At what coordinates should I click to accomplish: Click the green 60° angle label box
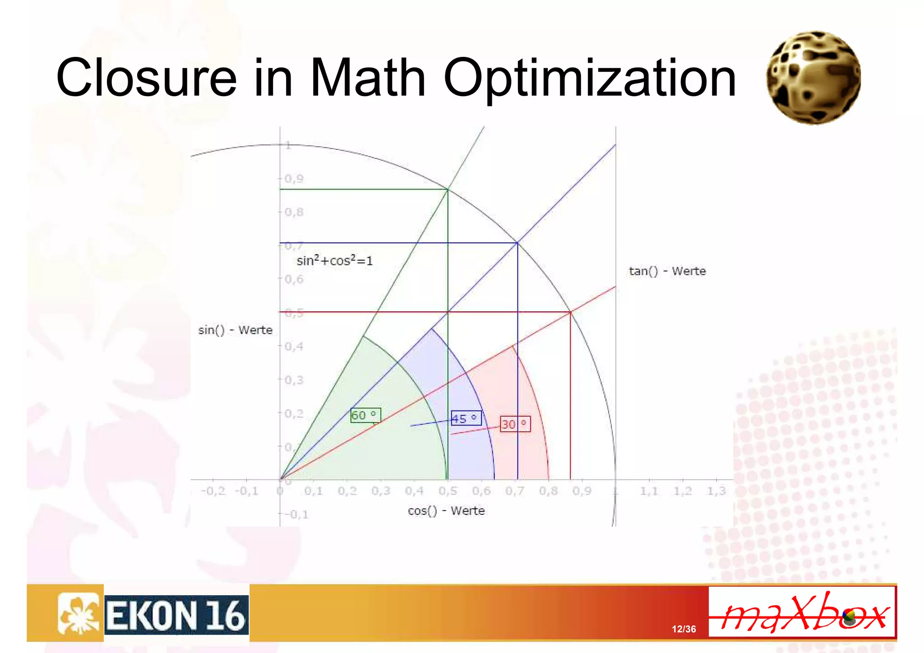(x=365, y=415)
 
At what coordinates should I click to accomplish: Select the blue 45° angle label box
(x=466, y=418)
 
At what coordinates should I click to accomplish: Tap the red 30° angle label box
(x=515, y=424)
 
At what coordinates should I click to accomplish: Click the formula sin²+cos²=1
(x=334, y=261)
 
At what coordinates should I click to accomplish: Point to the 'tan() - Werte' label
(x=667, y=271)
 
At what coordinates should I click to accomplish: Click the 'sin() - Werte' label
(x=235, y=330)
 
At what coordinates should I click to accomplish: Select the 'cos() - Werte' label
(x=446, y=511)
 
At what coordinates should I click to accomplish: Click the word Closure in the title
(x=146, y=78)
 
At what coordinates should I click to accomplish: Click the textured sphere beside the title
(x=813, y=77)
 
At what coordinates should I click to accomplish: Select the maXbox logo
(x=802, y=612)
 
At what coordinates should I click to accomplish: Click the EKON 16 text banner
(x=176, y=616)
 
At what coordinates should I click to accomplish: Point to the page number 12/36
(x=684, y=629)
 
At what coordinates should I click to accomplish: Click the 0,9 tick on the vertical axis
(x=294, y=179)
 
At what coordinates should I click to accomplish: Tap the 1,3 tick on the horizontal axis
(x=716, y=491)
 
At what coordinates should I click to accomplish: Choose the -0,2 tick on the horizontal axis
(x=213, y=491)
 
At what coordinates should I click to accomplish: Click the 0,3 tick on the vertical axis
(x=294, y=380)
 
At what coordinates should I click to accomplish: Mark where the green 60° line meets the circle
(x=448, y=189)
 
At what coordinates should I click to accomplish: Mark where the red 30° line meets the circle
(x=570, y=312)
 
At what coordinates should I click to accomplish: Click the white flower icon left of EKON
(x=78, y=613)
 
